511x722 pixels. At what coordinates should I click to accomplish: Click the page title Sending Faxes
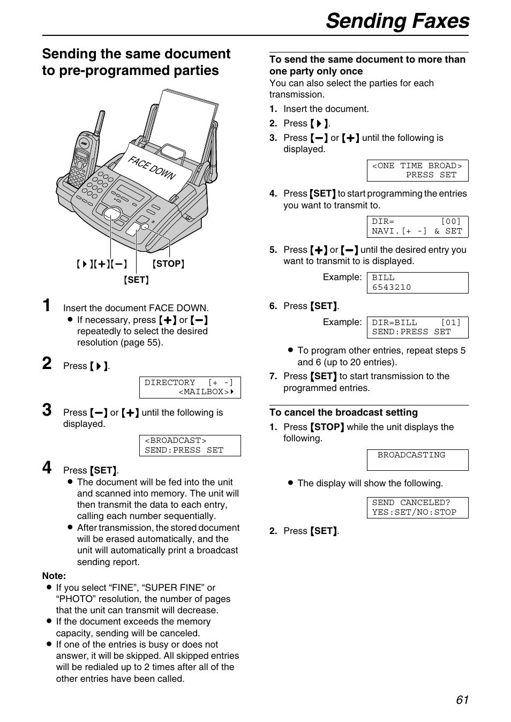[x=397, y=21]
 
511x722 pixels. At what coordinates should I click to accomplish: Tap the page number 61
[x=462, y=700]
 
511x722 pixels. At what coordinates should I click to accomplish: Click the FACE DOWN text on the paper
[x=152, y=168]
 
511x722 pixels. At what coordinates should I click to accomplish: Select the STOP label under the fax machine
[x=168, y=264]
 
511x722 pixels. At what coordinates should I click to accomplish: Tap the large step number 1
[x=47, y=306]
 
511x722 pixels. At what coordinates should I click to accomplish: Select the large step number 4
[x=47, y=468]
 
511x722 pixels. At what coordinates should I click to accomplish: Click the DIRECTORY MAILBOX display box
[x=190, y=387]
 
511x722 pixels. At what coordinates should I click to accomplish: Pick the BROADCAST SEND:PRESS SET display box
[x=190, y=445]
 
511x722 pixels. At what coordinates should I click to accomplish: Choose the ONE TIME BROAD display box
[x=417, y=170]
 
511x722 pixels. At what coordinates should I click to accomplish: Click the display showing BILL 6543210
[x=417, y=283]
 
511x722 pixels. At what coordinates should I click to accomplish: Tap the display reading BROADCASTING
[x=417, y=460]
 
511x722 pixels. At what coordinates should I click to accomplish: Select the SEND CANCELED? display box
[x=417, y=507]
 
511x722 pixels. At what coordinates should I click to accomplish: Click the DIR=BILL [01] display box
[x=417, y=327]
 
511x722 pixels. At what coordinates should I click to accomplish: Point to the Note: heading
[x=54, y=576]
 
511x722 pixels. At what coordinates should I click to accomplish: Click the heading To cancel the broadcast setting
[x=343, y=412]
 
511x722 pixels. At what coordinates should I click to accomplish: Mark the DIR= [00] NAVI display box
[x=417, y=227]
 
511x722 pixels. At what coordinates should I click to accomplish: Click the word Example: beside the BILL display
[x=342, y=277]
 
